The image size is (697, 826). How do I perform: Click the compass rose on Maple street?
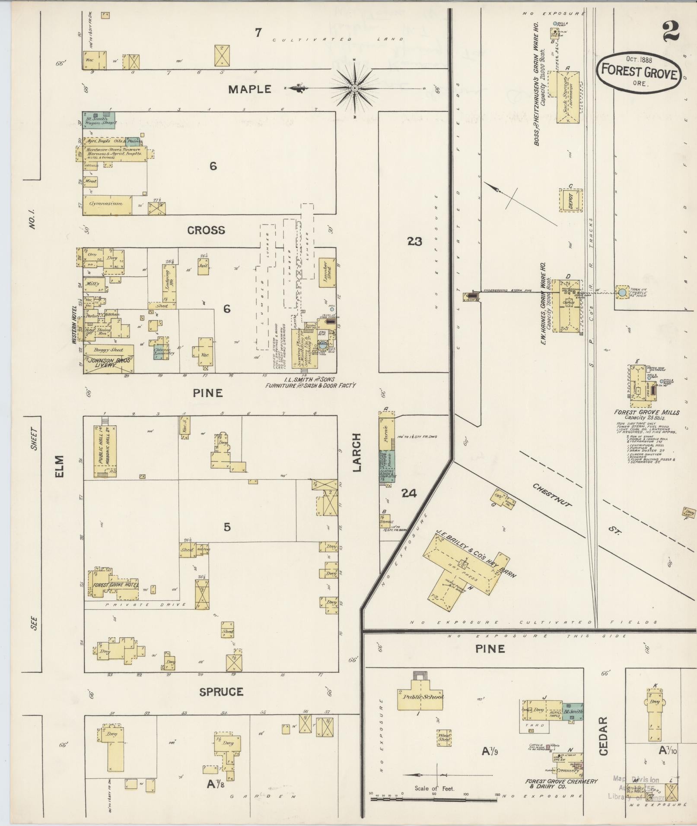pyautogui.click(x=354, y=89)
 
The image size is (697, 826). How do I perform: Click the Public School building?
pyautogui.click(x=420, y=696)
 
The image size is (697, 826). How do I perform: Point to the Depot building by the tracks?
pyautogui.click(x=571, y=201)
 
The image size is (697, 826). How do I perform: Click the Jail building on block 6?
pyautogui.click(x=204, y=266)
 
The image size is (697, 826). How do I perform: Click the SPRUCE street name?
pyautogui.click(x=221, y=692)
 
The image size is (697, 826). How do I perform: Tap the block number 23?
pyautogui.click(x=414, y=241)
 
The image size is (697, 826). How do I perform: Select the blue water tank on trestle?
pyautogui.click(x=622, y=292)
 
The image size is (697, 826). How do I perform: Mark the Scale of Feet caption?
pyautogui.click(x=434, y=788)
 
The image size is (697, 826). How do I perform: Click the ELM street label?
pyautogui.click(x=59, y=466)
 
